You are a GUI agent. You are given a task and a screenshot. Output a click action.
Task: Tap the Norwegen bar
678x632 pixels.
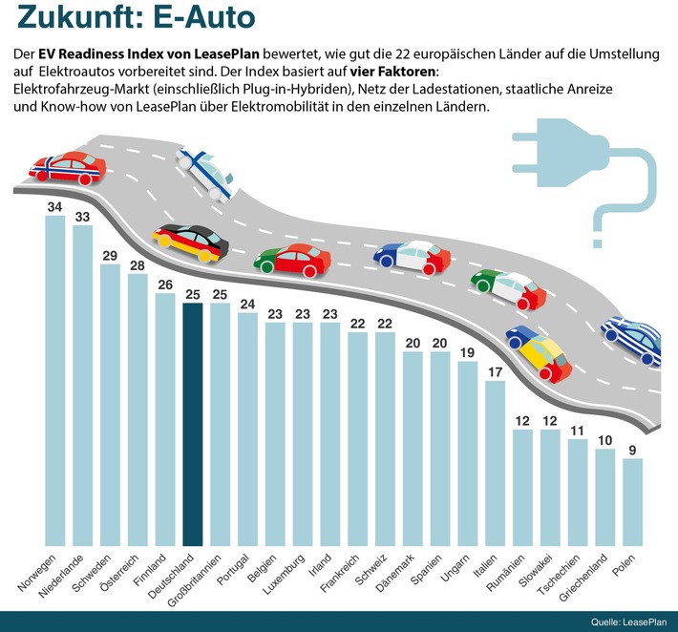[x=55, y=382]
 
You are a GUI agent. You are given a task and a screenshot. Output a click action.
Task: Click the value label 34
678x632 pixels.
[x=55, y=205]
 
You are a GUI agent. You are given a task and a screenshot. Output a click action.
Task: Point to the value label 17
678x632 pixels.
[x=496, y=371]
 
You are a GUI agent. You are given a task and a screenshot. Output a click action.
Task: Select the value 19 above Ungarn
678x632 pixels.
[x=468, y=351]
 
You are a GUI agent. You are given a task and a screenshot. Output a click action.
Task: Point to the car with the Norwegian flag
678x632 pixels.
[x=68, y=169]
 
